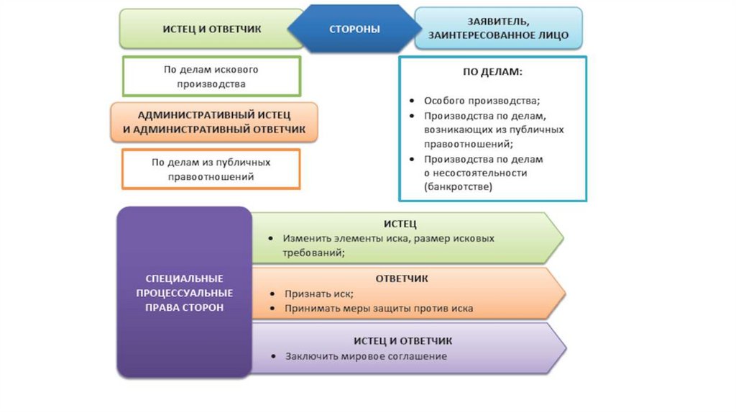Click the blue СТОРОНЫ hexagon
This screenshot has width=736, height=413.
[354, 29]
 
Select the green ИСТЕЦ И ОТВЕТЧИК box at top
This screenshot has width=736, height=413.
[211, 29]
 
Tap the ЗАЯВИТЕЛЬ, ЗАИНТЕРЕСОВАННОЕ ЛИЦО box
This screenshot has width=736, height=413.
[498, 28]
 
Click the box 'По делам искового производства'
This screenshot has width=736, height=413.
[211, 76]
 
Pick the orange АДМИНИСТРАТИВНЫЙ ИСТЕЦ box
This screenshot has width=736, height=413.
[214, 122]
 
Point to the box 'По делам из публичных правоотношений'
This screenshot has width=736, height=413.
[211, 169]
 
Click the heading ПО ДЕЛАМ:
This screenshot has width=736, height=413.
[492, 73]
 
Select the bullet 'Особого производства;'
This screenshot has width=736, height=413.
[482, 101]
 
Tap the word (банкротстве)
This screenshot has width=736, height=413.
[458, 186]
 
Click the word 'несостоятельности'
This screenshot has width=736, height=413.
[481, 173]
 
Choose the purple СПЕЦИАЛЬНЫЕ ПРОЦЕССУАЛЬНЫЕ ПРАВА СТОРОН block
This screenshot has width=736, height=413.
[184, 293]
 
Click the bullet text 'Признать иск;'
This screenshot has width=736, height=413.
[319, 294]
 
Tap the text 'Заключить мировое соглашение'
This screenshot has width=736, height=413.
[366, 356]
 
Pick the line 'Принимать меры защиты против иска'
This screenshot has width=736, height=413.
[379, 308]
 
